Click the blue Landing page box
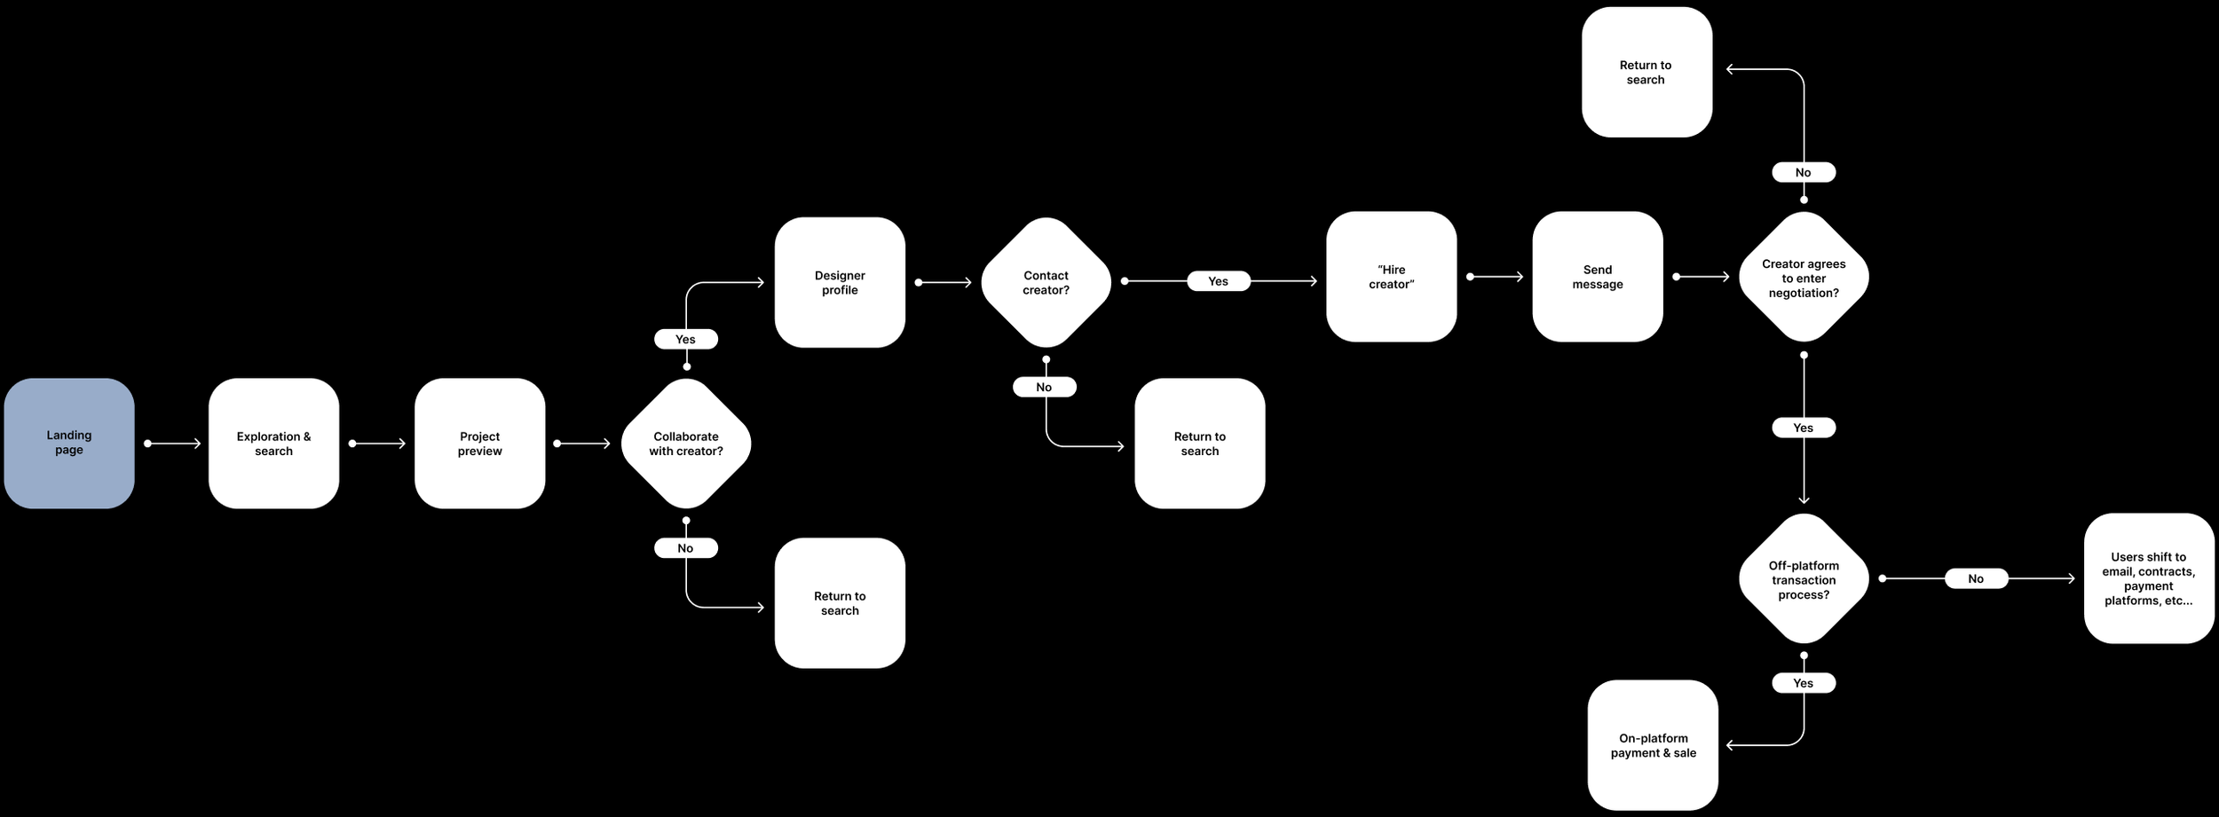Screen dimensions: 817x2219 (69, 443)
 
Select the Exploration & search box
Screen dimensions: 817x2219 (273, 443)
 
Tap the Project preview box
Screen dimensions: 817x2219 (479, 443)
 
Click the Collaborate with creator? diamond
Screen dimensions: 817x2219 (686, 443)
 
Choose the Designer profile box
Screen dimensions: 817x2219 (840, 282)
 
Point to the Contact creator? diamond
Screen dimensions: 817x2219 (1046, 282)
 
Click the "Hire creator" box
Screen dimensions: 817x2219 (1391, 277)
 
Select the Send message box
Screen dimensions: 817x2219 (1597, 277)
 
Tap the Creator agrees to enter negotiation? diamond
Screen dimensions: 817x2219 (1804, 277)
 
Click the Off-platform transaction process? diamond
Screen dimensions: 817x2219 (1804, 578)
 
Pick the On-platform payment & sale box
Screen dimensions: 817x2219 (1653, 745)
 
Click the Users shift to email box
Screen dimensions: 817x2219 (2148, 578)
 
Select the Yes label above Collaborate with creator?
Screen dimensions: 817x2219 (685, 339)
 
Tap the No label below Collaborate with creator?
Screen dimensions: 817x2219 (685, 548)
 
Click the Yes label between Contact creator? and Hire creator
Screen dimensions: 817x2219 (1218, 281)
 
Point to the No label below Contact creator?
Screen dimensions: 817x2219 (1044, 387)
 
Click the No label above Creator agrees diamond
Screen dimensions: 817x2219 (1803, 172)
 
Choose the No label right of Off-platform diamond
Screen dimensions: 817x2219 (1976, 578)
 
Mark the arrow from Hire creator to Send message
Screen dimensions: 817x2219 (1496, 277)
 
